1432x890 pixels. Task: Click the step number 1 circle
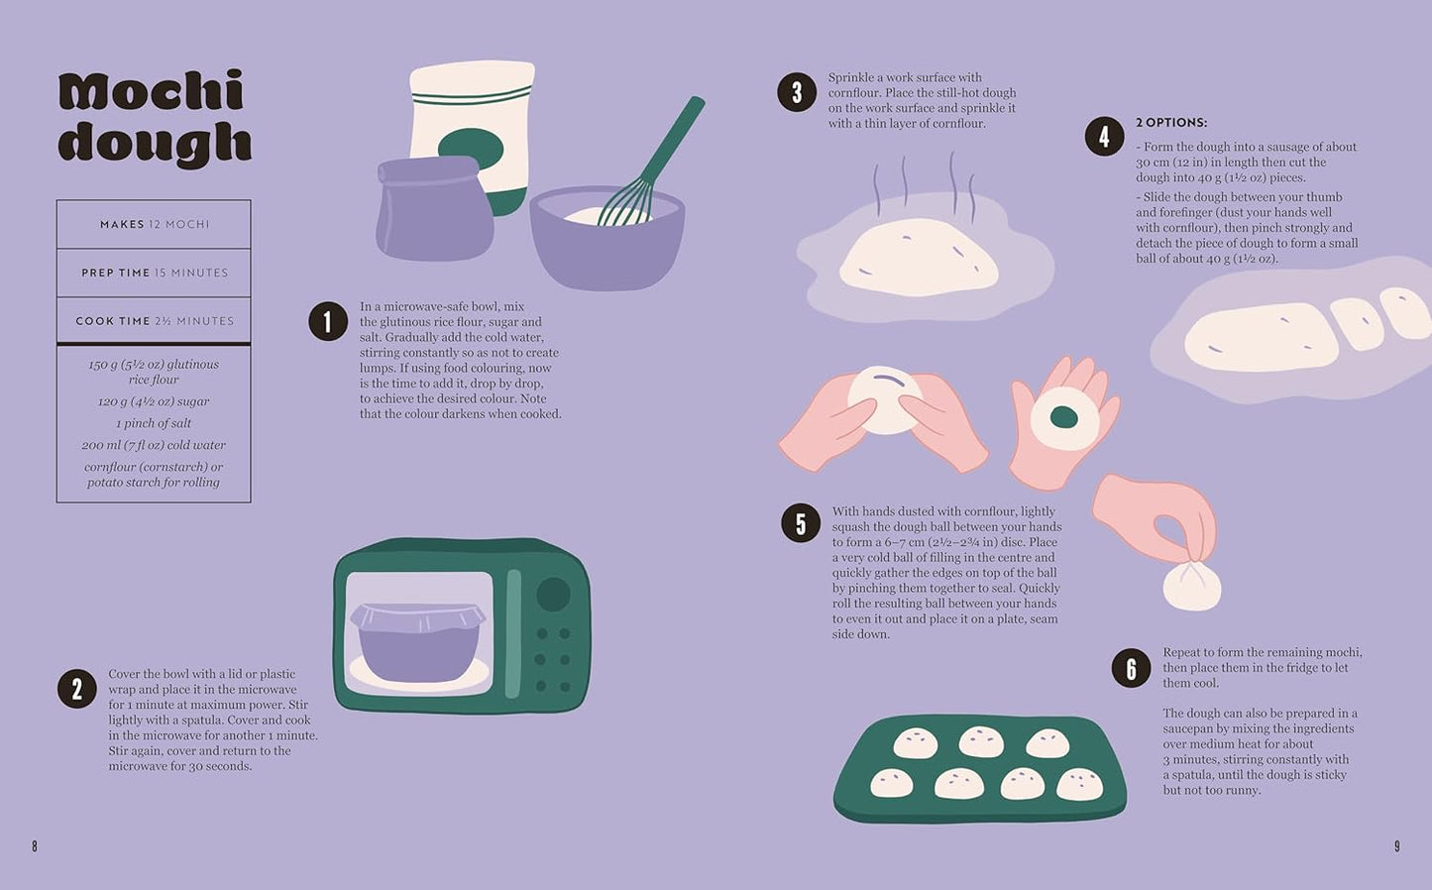(328, 321)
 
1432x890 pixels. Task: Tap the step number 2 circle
(76, 689)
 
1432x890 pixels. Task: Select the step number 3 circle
(797, 92)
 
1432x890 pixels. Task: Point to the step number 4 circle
(1104, 137)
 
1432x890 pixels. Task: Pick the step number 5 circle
(801, 523)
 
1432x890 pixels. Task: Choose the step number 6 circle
(1131, 668)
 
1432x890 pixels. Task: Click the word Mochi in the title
(151, 92)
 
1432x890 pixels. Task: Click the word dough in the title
(155, 143)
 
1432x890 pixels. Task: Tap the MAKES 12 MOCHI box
(154, 225)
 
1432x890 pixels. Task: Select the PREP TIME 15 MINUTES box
(154, 273)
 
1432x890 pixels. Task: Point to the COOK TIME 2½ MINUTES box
(154, 321)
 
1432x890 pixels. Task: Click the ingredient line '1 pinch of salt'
(154, 423)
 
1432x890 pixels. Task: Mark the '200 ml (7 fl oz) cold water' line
(154, 445)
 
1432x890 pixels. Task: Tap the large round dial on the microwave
(553, 594)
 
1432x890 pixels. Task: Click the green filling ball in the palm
(1063, 417)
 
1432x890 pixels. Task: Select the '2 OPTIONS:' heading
(1171, 123)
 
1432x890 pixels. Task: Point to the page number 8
(35, 846)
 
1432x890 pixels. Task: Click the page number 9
(1397, 846)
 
